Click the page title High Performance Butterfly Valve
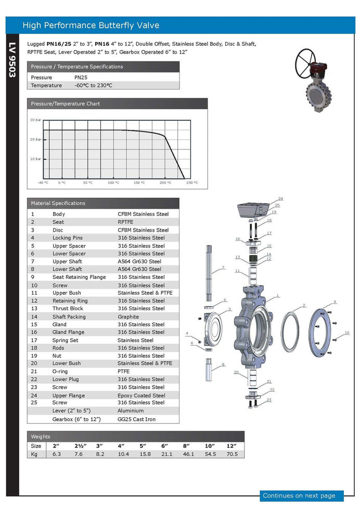click(91, 25)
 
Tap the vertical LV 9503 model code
click(12, 60)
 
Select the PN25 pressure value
click(81, 78)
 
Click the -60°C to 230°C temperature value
click(93, 85)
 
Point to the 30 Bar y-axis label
click(35, 120)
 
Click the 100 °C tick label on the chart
click(113, 183)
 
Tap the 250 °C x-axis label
click(192, 183)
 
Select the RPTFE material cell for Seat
click(125, 222)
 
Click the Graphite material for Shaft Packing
click(128, 317)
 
